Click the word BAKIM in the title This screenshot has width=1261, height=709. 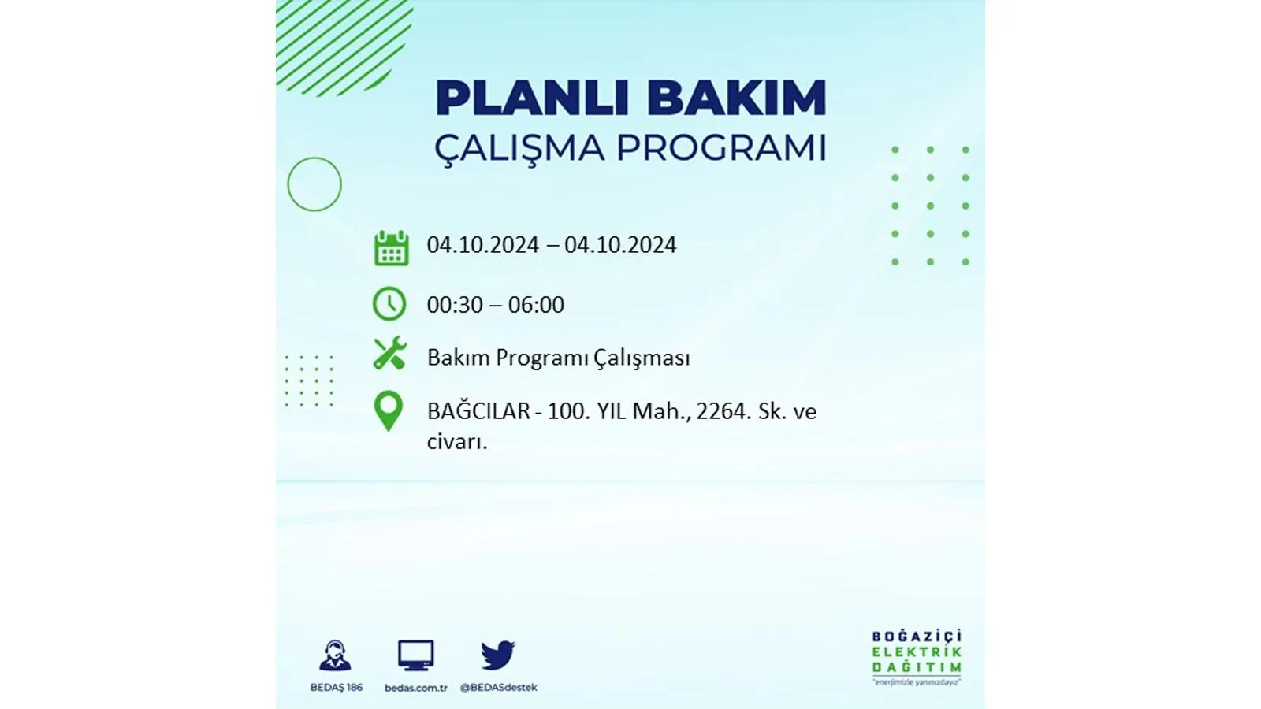pos(736,98)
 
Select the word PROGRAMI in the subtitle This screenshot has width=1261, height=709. pos(722,148)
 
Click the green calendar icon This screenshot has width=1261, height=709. pos(391,247)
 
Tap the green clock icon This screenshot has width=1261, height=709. pos(389,304)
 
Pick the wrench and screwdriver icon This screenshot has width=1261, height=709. pos(389,353)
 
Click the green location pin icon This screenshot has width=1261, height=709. pos(389,411)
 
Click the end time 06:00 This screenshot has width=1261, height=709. pos(536,305)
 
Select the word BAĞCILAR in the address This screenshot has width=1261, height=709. pos(478,410)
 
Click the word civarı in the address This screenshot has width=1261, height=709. pos(457,442)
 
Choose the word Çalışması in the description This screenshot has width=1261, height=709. pos(642,358)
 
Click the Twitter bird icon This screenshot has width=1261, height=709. pos(497,655)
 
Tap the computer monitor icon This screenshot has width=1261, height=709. pos(416,655)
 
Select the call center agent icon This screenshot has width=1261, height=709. pos(336,655)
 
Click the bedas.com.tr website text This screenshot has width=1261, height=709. pos(416,688)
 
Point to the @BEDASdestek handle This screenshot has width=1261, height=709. pos(499,688)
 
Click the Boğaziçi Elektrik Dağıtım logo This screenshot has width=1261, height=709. pos(917,658)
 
